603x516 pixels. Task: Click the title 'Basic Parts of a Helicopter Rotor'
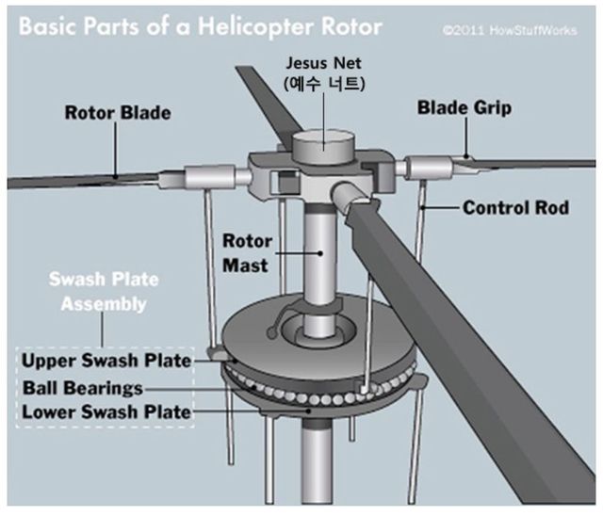pyautogui.click(x=201, y=25)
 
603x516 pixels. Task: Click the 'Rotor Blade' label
pyautogui.click(x=118, y=113)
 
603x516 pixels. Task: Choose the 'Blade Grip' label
pyautogui.click(x=464, y=108)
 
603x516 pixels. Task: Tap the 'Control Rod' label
pyautogui.click(x=515, y=206)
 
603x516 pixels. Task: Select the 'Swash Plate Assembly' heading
pyautogui.click(x=105, y=292)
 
